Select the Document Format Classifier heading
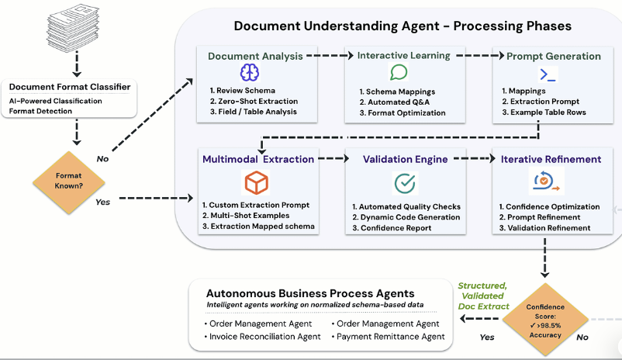[71, 86]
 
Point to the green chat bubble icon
[399, 73]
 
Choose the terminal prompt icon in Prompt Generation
[548, 74]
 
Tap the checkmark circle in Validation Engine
[405, 183]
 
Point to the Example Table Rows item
[550, 112]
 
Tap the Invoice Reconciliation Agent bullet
[264, 337]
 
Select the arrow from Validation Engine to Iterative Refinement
[475, 159]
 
